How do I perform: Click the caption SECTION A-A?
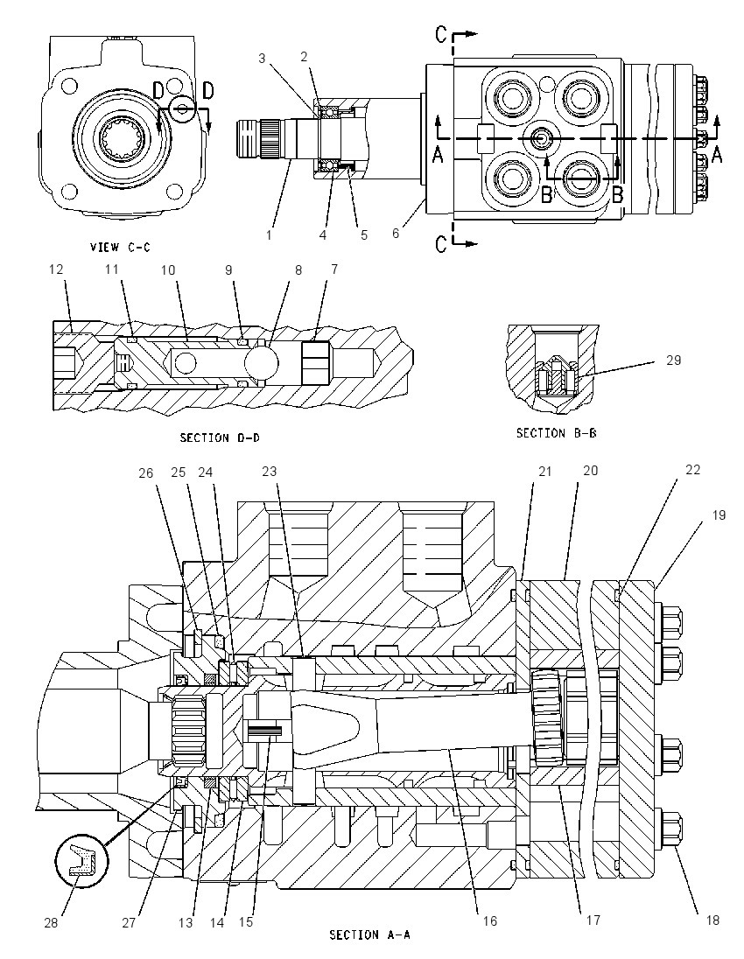pos(369,934)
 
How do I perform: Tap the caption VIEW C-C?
pos(120,247)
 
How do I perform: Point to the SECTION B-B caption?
pos(556,433)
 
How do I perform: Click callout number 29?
pos(673,360)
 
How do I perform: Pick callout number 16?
pos(490,920)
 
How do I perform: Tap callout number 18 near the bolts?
pos(712,920)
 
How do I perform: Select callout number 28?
pos(51,923)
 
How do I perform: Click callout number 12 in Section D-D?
pos(56,269)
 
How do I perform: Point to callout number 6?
pos(396,234)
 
